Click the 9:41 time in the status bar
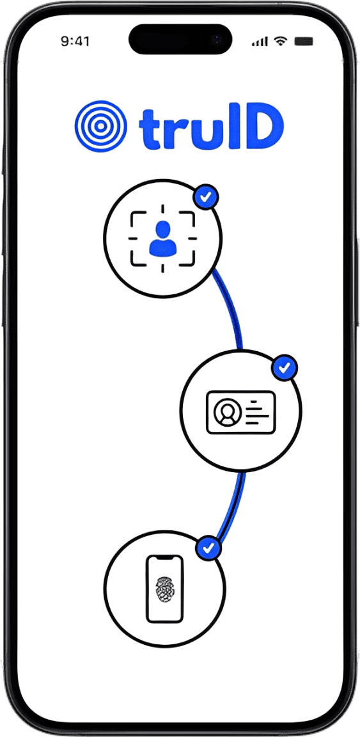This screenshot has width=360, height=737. pyautogui.click(x=75, y=42)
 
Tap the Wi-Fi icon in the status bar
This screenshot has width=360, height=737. pyautogui.click(x=281, y=42)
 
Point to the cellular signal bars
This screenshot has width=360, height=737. pyautogui.click(x=260, y=42)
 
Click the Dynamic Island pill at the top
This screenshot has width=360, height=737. pyautogui.click(x=180, y=38)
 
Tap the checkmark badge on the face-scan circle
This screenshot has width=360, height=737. pyautogui.click(x=205, y=198)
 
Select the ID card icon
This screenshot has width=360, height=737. pyautogui.click(x=240, y=412)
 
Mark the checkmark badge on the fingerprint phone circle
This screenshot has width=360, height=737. pyautogui.click(x=208, y=547)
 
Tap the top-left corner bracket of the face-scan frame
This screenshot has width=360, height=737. pyautogui.click(x=137, y=219)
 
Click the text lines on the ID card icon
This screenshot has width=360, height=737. pyautogui.click(x=256, y=412)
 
